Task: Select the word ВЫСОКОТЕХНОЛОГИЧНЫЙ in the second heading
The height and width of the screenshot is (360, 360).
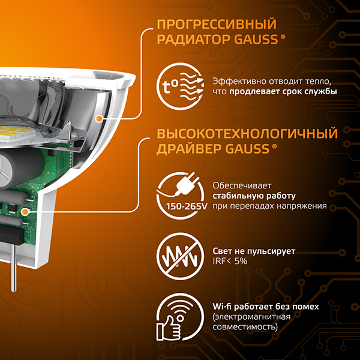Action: pos(246,133)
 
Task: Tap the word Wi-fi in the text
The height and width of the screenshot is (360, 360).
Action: pos(223,307)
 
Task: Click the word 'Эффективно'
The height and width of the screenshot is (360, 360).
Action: pos(237,82)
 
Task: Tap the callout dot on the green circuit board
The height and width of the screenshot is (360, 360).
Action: pos(25,211)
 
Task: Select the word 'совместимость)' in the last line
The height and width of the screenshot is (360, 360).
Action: pos(245,328)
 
